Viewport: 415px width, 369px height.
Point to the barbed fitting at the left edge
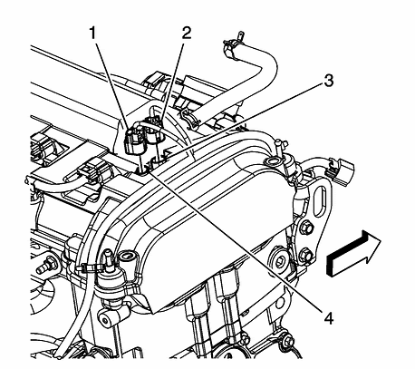43,269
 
